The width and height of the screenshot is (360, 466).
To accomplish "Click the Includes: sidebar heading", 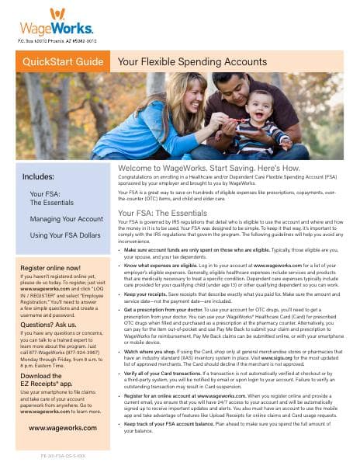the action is [x=39, y=176].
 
